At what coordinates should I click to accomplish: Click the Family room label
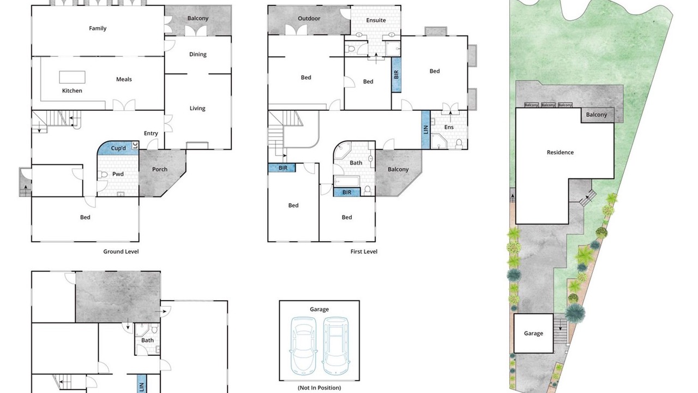[x=98, y=28]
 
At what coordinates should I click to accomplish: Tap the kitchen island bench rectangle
[x=73, y=77]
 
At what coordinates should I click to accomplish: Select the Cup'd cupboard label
[x=118, y=148]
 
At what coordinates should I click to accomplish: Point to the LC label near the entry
[x=135, y=145]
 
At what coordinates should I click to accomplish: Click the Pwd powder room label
[x=118, y=174]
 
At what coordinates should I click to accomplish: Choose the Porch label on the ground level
[x=160, y=169]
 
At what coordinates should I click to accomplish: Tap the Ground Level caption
[x=121, y=252]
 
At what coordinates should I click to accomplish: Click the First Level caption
[x=364, y=252]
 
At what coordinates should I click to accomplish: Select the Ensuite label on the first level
[x=376, y=20]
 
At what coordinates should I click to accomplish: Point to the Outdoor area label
[x=309, y=19]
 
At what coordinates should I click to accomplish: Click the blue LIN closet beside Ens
[x=426, y=130]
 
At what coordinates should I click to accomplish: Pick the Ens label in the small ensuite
[x=449, y=127]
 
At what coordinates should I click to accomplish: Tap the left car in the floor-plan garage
[x=303, y=346]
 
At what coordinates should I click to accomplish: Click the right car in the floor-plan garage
[x=335, y=346]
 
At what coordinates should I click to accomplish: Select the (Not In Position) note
[x=319, y=388]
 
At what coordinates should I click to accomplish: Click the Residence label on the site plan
[x=560, y=152]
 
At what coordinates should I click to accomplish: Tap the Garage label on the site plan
[x=533, y=334]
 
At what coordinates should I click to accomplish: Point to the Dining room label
[x=197, y=54]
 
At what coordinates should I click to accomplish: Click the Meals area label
[x=124, y=79]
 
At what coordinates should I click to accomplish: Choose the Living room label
[x=197, y=109]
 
